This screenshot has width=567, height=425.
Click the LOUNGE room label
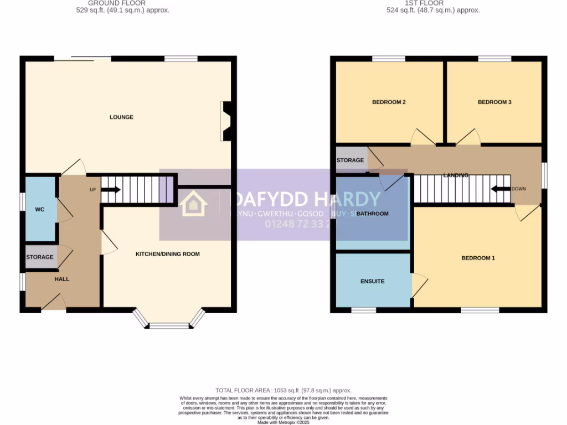click(121, 117)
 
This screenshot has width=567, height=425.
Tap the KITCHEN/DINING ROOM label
click(168, 254)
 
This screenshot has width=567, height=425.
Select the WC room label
click(39, 210)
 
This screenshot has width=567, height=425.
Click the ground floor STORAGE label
click(40, 257)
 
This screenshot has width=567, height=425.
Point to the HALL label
click(62, 279)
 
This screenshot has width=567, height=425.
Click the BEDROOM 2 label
click(389, 102)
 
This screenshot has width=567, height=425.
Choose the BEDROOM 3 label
click(494, 102)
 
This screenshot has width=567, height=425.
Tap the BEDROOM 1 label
click(478, 258)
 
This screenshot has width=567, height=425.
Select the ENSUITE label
click(372, 281)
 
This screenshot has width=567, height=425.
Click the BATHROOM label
click(373, 214)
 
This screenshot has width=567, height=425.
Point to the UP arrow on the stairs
click(110, 190)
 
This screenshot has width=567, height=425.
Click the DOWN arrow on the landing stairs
click(501, 189)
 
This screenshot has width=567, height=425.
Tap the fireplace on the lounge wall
click(226, 121)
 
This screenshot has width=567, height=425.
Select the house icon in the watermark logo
click(194, 204)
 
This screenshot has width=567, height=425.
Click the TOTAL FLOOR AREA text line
click(283, 391)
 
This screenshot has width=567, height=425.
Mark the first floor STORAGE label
click(350, 160)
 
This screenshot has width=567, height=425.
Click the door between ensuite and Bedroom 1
click(419, 286)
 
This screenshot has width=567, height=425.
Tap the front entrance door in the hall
click(54, 302)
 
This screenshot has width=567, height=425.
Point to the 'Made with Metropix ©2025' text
click(283, 422)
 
